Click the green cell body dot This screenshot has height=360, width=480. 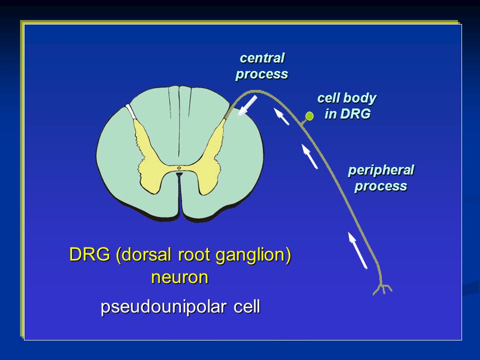tap(309, 116)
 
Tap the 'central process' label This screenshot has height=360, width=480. tap(261, 66)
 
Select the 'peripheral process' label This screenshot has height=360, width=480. tap(381, 178)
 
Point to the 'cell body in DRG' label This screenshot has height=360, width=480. tap(347, 106)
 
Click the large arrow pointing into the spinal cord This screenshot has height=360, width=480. tap(247, 105)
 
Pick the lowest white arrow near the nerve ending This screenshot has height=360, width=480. tap(357, 250)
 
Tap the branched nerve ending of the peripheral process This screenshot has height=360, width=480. tap(382, 288)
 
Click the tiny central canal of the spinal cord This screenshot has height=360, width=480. tap(179, 168)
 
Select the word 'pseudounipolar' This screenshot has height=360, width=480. tap(163, 307)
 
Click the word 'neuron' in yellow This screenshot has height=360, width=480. tap(179, 277)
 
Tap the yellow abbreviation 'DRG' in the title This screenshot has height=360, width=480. tap(89, 254)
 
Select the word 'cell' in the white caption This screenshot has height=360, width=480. tap(246, 306)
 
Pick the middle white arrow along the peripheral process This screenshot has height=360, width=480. tap(310, 156)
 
